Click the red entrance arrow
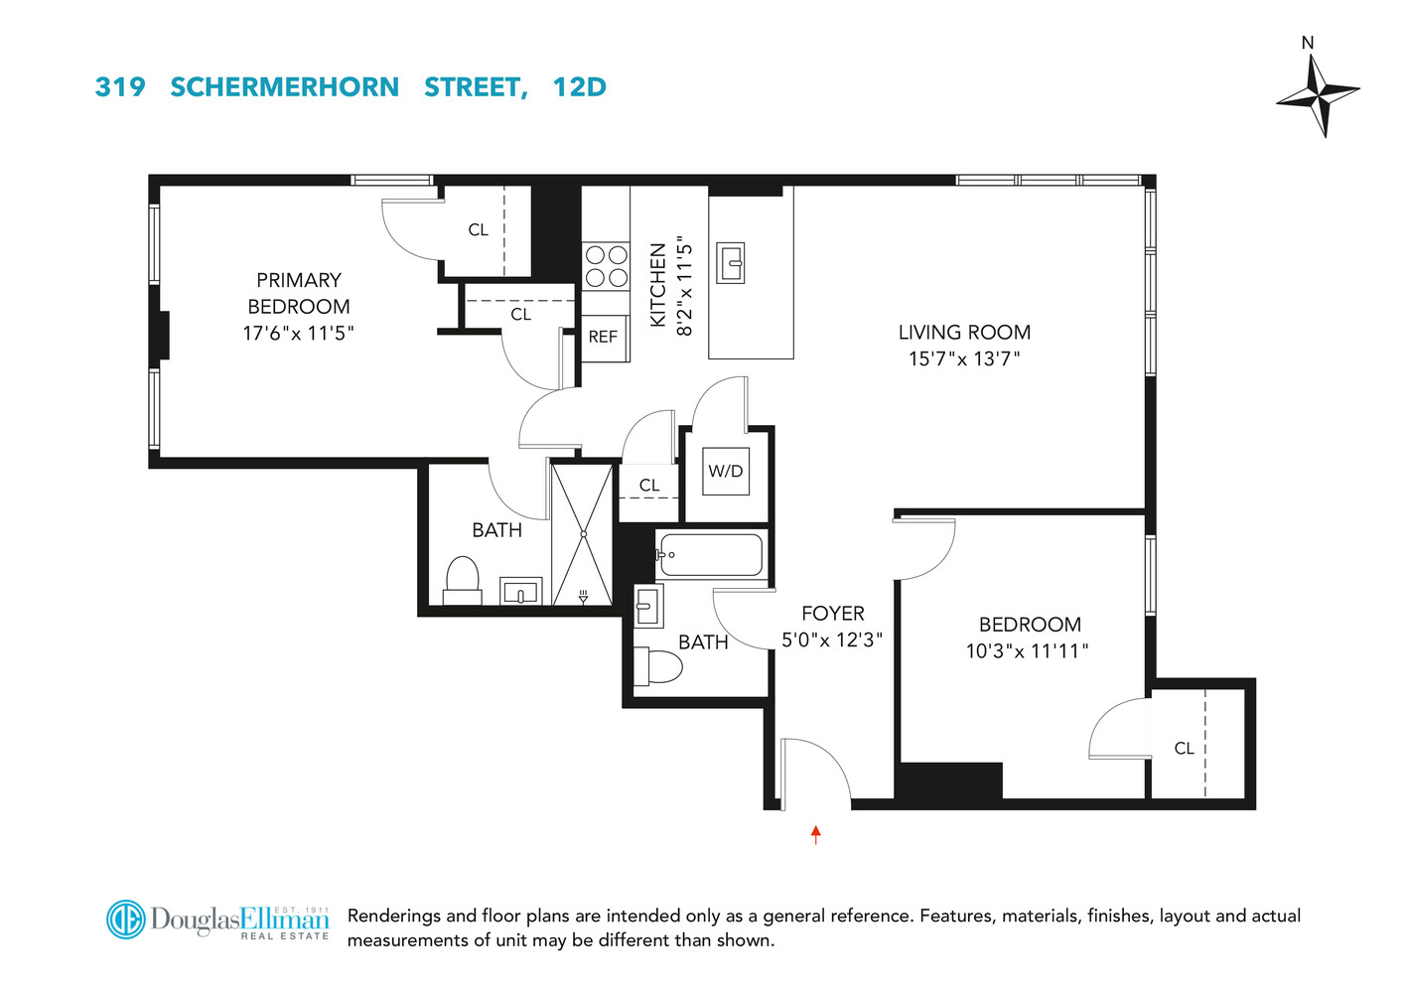pyautogui.click(x=816, y=834)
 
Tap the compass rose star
pyautogui.click(x=1318, y=94)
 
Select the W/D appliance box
pyautogui.click(x=725, y=472)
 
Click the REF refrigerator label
pyautogui.click(x=603, y=338)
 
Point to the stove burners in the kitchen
pyautogui.click(x=606, y=265)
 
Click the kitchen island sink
pyautogui.click(x=732, y=263)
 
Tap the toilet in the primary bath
pyautogui.click(x=462, y=580)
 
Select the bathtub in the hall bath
pyautogui.click(x=709, y=555)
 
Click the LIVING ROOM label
pyautogui.click(x=964, y=333)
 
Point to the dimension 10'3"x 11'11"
pyautogui.click(x=1028, y=651)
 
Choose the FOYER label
pyautogui.click(x=833, y=614)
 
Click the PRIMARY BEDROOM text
pyautogui.click(x=298, y=293)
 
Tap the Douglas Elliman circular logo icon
pyautogui.click(x=126, y=920)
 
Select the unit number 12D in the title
pyautogui.click(x=579, y=87)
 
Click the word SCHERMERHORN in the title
pyautogui.click(x=284, y=87)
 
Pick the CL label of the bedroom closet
pyautogui.click(x=1184, y=749)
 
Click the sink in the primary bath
pyautogui.click(x=520, y=593)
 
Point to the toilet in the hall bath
pyautogui.click(x=658, y=667)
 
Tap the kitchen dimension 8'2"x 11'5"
pyautogui.click(x=684, y=286)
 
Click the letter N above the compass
pyautogui.click(x=1308, y=43)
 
